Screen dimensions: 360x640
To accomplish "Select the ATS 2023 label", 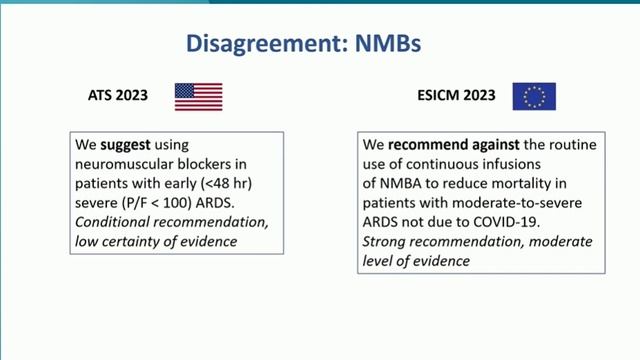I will pos(117,96).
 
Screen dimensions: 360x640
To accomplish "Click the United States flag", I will pos(198,96).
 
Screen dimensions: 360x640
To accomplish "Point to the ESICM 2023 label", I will pos(455,96).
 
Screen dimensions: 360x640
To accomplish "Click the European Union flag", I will pos(534,96).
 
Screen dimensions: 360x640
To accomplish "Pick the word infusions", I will pos(537,163).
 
